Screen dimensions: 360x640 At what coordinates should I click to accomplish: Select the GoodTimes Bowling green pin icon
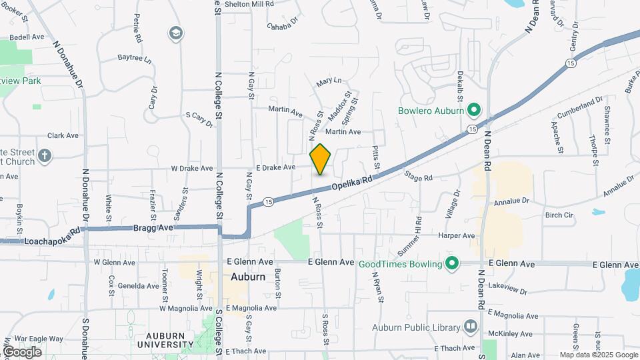point(452,263)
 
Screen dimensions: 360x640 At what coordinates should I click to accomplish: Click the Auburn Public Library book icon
point(471,327)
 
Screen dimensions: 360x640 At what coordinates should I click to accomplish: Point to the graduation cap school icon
point(176,33)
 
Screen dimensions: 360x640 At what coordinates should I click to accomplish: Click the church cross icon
point(45,155)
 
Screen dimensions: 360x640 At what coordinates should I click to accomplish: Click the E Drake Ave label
point(275,167)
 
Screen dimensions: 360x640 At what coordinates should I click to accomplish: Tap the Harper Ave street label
point(456,235)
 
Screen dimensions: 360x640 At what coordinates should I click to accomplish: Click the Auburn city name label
point(248,277)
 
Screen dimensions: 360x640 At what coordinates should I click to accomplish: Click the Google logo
point(22,351)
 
